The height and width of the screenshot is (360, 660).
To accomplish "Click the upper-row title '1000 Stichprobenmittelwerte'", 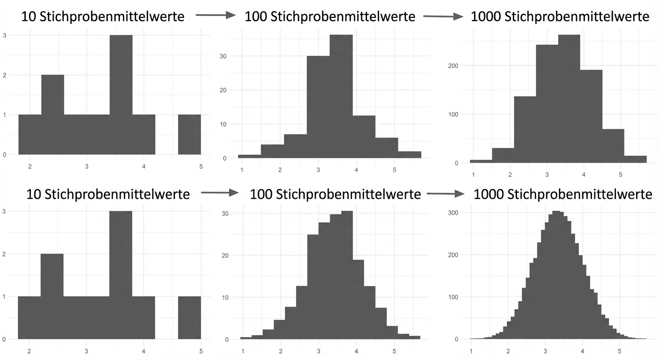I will pyautogui.click(x=560, y=16).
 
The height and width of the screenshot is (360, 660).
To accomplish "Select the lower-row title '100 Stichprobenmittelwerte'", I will pyautogui.click(x=335, y=194).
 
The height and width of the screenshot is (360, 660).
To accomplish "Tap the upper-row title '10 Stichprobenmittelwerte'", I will pyautogui.click(x=103, y=16).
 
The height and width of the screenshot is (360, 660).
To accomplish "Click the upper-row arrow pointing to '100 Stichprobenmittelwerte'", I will pyautogui.click(x=215, y=15).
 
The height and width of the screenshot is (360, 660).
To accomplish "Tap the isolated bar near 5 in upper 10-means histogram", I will pyautogui.click(x=189, y=135).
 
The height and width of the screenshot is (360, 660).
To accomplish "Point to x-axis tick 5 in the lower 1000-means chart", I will pyautogui.click(x=619, y=350).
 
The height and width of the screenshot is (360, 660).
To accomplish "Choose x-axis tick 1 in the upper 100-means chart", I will pyautogui.click(x=242, y=169).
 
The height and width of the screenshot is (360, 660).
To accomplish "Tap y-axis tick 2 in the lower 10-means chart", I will pyautogui.click(x=5, y=254).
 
